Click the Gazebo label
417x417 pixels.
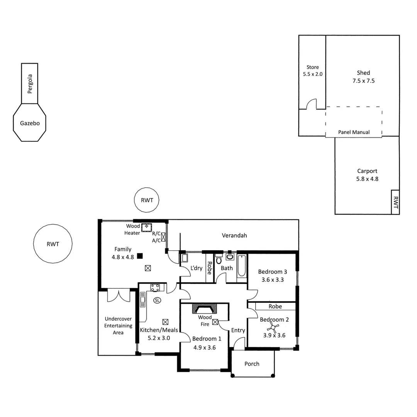30,124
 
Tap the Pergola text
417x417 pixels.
30,84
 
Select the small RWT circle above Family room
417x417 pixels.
147,200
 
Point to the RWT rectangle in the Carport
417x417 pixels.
395,202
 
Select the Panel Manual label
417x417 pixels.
354,132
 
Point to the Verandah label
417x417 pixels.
234,235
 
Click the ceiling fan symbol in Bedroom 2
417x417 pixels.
274,329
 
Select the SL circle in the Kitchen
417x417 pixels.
157,300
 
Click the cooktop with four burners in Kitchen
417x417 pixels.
155,287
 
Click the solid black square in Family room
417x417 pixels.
140,255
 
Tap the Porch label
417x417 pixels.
252,364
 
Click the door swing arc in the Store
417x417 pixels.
312,104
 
